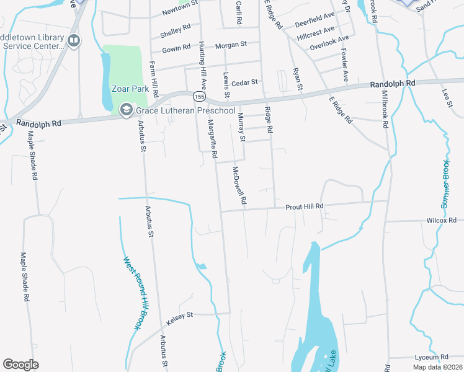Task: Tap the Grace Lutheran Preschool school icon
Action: [127, 110]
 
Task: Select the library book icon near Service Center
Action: [74, 42]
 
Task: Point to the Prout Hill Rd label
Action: [305, 206]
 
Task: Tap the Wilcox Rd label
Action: [441, 220]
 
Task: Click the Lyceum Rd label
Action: [431, 357]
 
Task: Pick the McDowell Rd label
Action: [239, 185]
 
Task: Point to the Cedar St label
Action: [244, 82]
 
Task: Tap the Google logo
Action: [20, 365]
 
